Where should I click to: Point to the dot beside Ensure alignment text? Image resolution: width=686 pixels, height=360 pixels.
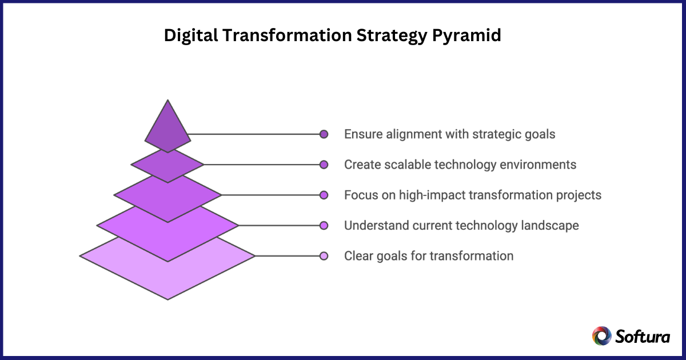[x=324, y=134]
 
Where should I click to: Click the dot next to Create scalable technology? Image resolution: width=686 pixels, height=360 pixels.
[x=324, y=165]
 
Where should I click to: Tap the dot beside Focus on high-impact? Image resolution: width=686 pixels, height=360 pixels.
[x=324, y=195]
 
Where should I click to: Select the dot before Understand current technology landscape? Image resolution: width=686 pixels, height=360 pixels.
[x=324, y=225]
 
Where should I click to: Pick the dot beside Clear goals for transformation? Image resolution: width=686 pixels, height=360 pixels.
[x=324, y=255]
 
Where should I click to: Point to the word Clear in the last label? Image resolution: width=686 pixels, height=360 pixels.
[x=358, y=255]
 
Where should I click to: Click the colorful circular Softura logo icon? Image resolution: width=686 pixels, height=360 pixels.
[x=601, y=335]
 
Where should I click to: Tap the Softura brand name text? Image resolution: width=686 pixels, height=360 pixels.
[x=643, y=336]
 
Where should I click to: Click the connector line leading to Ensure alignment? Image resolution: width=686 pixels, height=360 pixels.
[x=254, y=134]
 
